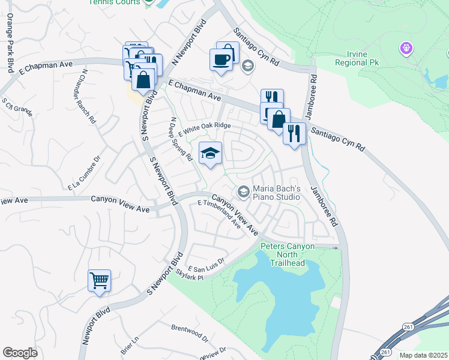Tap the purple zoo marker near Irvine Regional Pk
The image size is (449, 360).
pos(407,47)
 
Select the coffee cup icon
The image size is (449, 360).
pos(221,59)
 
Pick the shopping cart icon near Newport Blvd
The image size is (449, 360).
pos(99,280)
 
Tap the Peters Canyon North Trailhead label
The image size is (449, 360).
pos(283,254)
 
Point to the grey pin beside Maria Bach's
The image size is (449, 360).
pos(243,192)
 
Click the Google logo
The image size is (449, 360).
pos(20,353)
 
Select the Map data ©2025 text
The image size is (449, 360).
pos(423,355)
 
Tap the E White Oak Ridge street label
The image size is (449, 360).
pos(204,128)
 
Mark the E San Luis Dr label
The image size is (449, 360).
pos(206,265)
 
